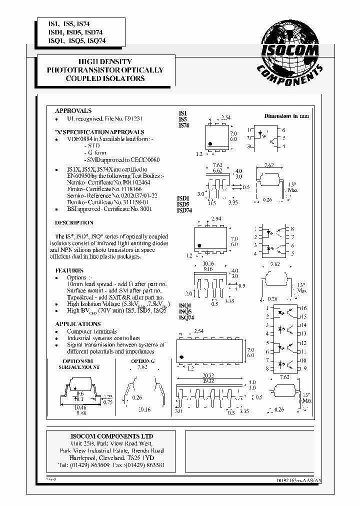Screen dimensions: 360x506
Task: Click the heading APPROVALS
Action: click(x=73, y=110)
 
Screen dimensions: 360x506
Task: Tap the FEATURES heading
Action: click(x=69, y=270)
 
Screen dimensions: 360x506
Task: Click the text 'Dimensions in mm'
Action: click(x=287, y=115)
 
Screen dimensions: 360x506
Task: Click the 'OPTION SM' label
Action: click(x=79, y=360)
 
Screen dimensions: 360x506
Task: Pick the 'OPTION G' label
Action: click(x=141, y=360)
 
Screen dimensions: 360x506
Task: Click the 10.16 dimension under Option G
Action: click(x=143, y=409)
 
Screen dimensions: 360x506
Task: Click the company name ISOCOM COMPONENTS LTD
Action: click(x=110, y=436)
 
